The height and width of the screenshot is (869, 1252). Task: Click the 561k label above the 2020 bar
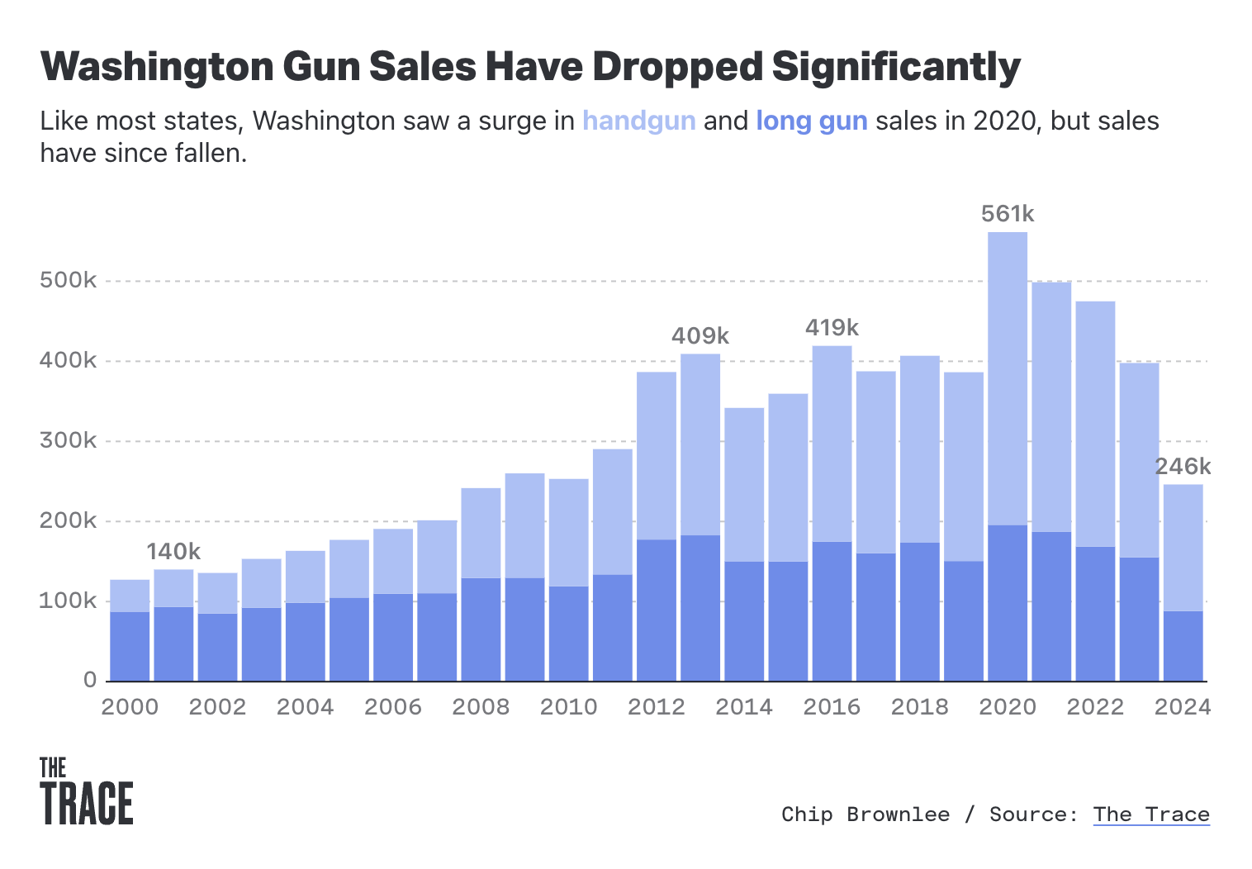tap(1007, 214)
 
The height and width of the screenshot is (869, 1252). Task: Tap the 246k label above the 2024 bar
tap(1183, 467)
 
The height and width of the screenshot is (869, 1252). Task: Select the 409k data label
tap(700, 335)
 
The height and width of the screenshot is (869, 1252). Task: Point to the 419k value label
tap(832, 328)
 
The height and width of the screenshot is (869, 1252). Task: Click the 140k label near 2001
tap(173, 551)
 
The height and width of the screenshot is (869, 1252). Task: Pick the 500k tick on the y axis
tap(69, 280)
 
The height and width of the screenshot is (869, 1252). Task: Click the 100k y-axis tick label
tap(69, 601)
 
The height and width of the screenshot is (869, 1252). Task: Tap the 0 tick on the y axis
tap(90, 680)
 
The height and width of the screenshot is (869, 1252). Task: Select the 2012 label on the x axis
tap(656, 707)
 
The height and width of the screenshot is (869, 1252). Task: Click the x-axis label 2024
tap(1182, 707)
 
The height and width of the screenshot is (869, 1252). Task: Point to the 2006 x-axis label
tap(392, 707)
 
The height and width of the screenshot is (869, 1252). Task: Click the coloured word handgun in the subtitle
tap(638, 121)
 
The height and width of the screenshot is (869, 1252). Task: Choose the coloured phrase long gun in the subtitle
tap(811, 121)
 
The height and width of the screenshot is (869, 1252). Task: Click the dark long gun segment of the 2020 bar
tap(1007, 603)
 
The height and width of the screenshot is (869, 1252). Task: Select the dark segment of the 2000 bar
tap(130, 646)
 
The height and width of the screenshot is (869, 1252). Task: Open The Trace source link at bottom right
tap(1150, 814)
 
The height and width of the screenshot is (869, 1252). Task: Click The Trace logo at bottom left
tap(86, 791)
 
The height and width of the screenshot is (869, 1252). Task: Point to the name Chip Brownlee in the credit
tap(865, 814)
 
